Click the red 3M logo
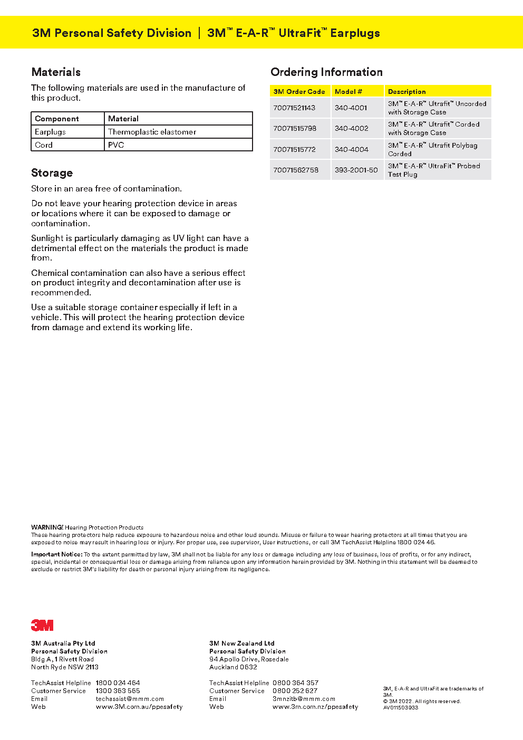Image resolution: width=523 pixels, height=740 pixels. (x=42, y=625)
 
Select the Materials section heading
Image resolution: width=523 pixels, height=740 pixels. (x=56, y=72)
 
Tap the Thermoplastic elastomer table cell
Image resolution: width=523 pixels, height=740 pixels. (x=152, y=132)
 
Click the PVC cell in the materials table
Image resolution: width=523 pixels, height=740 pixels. (x=116, y=145)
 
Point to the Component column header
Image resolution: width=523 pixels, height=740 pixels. (x=57, y=119)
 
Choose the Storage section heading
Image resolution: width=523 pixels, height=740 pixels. (x=52, y=173)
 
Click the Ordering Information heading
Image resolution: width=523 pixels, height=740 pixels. (x=326, y=72)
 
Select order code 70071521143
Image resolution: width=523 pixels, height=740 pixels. (x=294, y=108)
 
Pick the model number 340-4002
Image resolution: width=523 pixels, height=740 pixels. (x=351, y=128)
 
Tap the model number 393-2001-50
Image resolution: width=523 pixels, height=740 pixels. (x=356, y=170)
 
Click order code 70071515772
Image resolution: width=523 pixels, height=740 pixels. (x=294, y=149)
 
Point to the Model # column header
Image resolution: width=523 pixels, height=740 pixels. (x=348, y=91)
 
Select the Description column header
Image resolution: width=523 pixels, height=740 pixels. (x=406, y=91)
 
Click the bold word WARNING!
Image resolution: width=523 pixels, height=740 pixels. (x=47, y=527)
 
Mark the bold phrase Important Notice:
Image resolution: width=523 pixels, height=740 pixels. (x=56, y=554)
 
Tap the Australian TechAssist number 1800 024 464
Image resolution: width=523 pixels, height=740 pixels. (x=118, y=683)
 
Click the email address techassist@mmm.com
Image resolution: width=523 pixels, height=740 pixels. (x=130, y=698)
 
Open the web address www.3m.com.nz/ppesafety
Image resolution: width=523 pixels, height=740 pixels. (x=315, y=706)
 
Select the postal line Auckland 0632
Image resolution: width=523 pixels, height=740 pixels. (x=233, y=667)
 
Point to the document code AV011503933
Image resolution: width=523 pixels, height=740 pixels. (x=401, y=707)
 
